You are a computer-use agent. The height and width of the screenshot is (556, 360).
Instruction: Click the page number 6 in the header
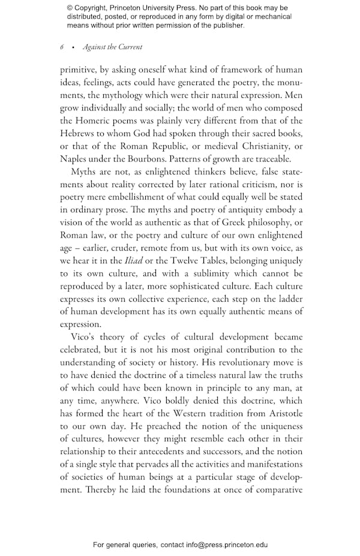pos(62,47)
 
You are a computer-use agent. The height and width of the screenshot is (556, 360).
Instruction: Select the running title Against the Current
pos(113,47)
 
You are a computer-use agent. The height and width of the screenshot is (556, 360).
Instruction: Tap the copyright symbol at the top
pos(70,8)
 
